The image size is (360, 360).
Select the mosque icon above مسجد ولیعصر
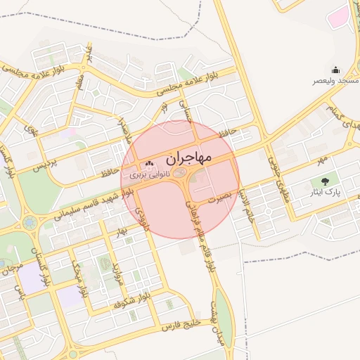pyautogui.click(x=336, y=70)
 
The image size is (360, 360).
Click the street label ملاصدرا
pyautogui.click(x=127, y=131)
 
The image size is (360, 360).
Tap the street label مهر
pyautogui.click(x=322, y=160)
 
